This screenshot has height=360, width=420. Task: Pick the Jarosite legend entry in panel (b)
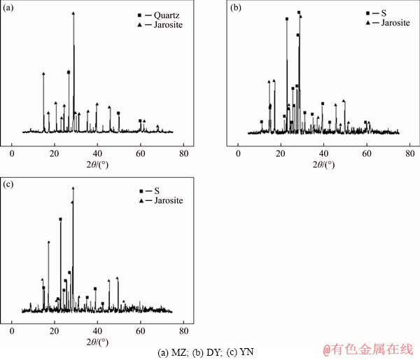(x=388, y=23)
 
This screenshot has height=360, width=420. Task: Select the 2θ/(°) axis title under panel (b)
(x=322, y=165)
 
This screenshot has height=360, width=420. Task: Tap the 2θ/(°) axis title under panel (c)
(x=97, y=341)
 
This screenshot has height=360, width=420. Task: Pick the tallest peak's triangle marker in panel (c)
(x=73, y=188)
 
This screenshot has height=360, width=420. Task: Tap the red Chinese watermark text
(x=367, y=348)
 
